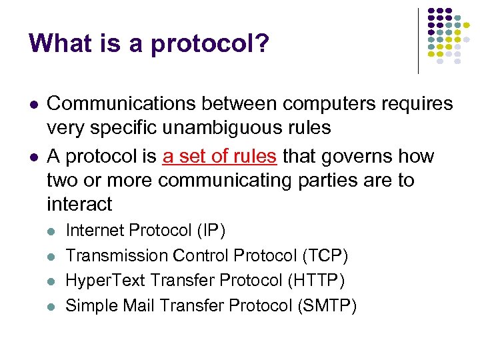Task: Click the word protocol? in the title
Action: (210, 45)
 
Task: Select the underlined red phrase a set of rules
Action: (219, 157)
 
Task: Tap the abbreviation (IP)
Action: (211, 231)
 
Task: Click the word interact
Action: (79, 204)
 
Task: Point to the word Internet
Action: (95, 231)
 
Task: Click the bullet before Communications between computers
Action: (33, 105)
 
